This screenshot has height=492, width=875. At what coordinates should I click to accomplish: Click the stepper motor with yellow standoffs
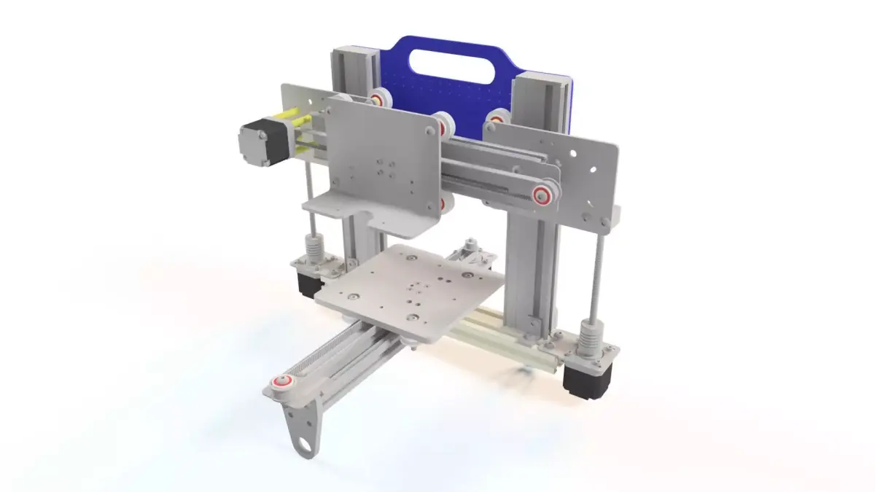(x=260, y=140)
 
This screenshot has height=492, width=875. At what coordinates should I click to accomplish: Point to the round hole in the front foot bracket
(x=306, y=442)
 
